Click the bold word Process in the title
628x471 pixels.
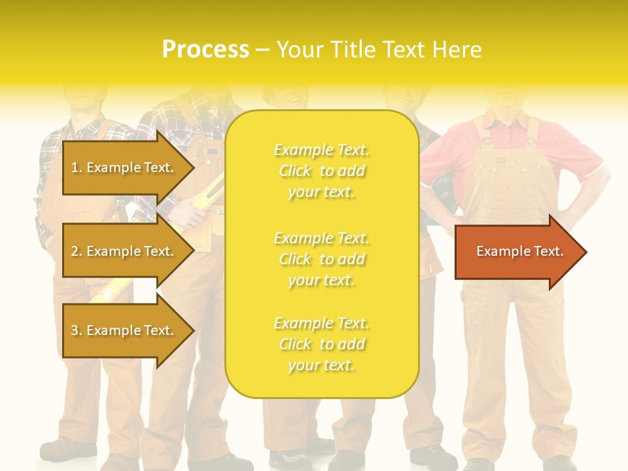coord(205,50)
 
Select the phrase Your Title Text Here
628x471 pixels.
coord(379,50)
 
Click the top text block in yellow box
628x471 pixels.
coord(321,171)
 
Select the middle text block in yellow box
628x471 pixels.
coord(321,259)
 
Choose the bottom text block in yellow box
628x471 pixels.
coord(321,344)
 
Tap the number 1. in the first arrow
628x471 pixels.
coord(77,167)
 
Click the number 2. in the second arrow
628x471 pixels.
coord(77,251)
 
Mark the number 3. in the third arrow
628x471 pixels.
coord(77,330)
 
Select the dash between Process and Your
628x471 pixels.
coord(262,50)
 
